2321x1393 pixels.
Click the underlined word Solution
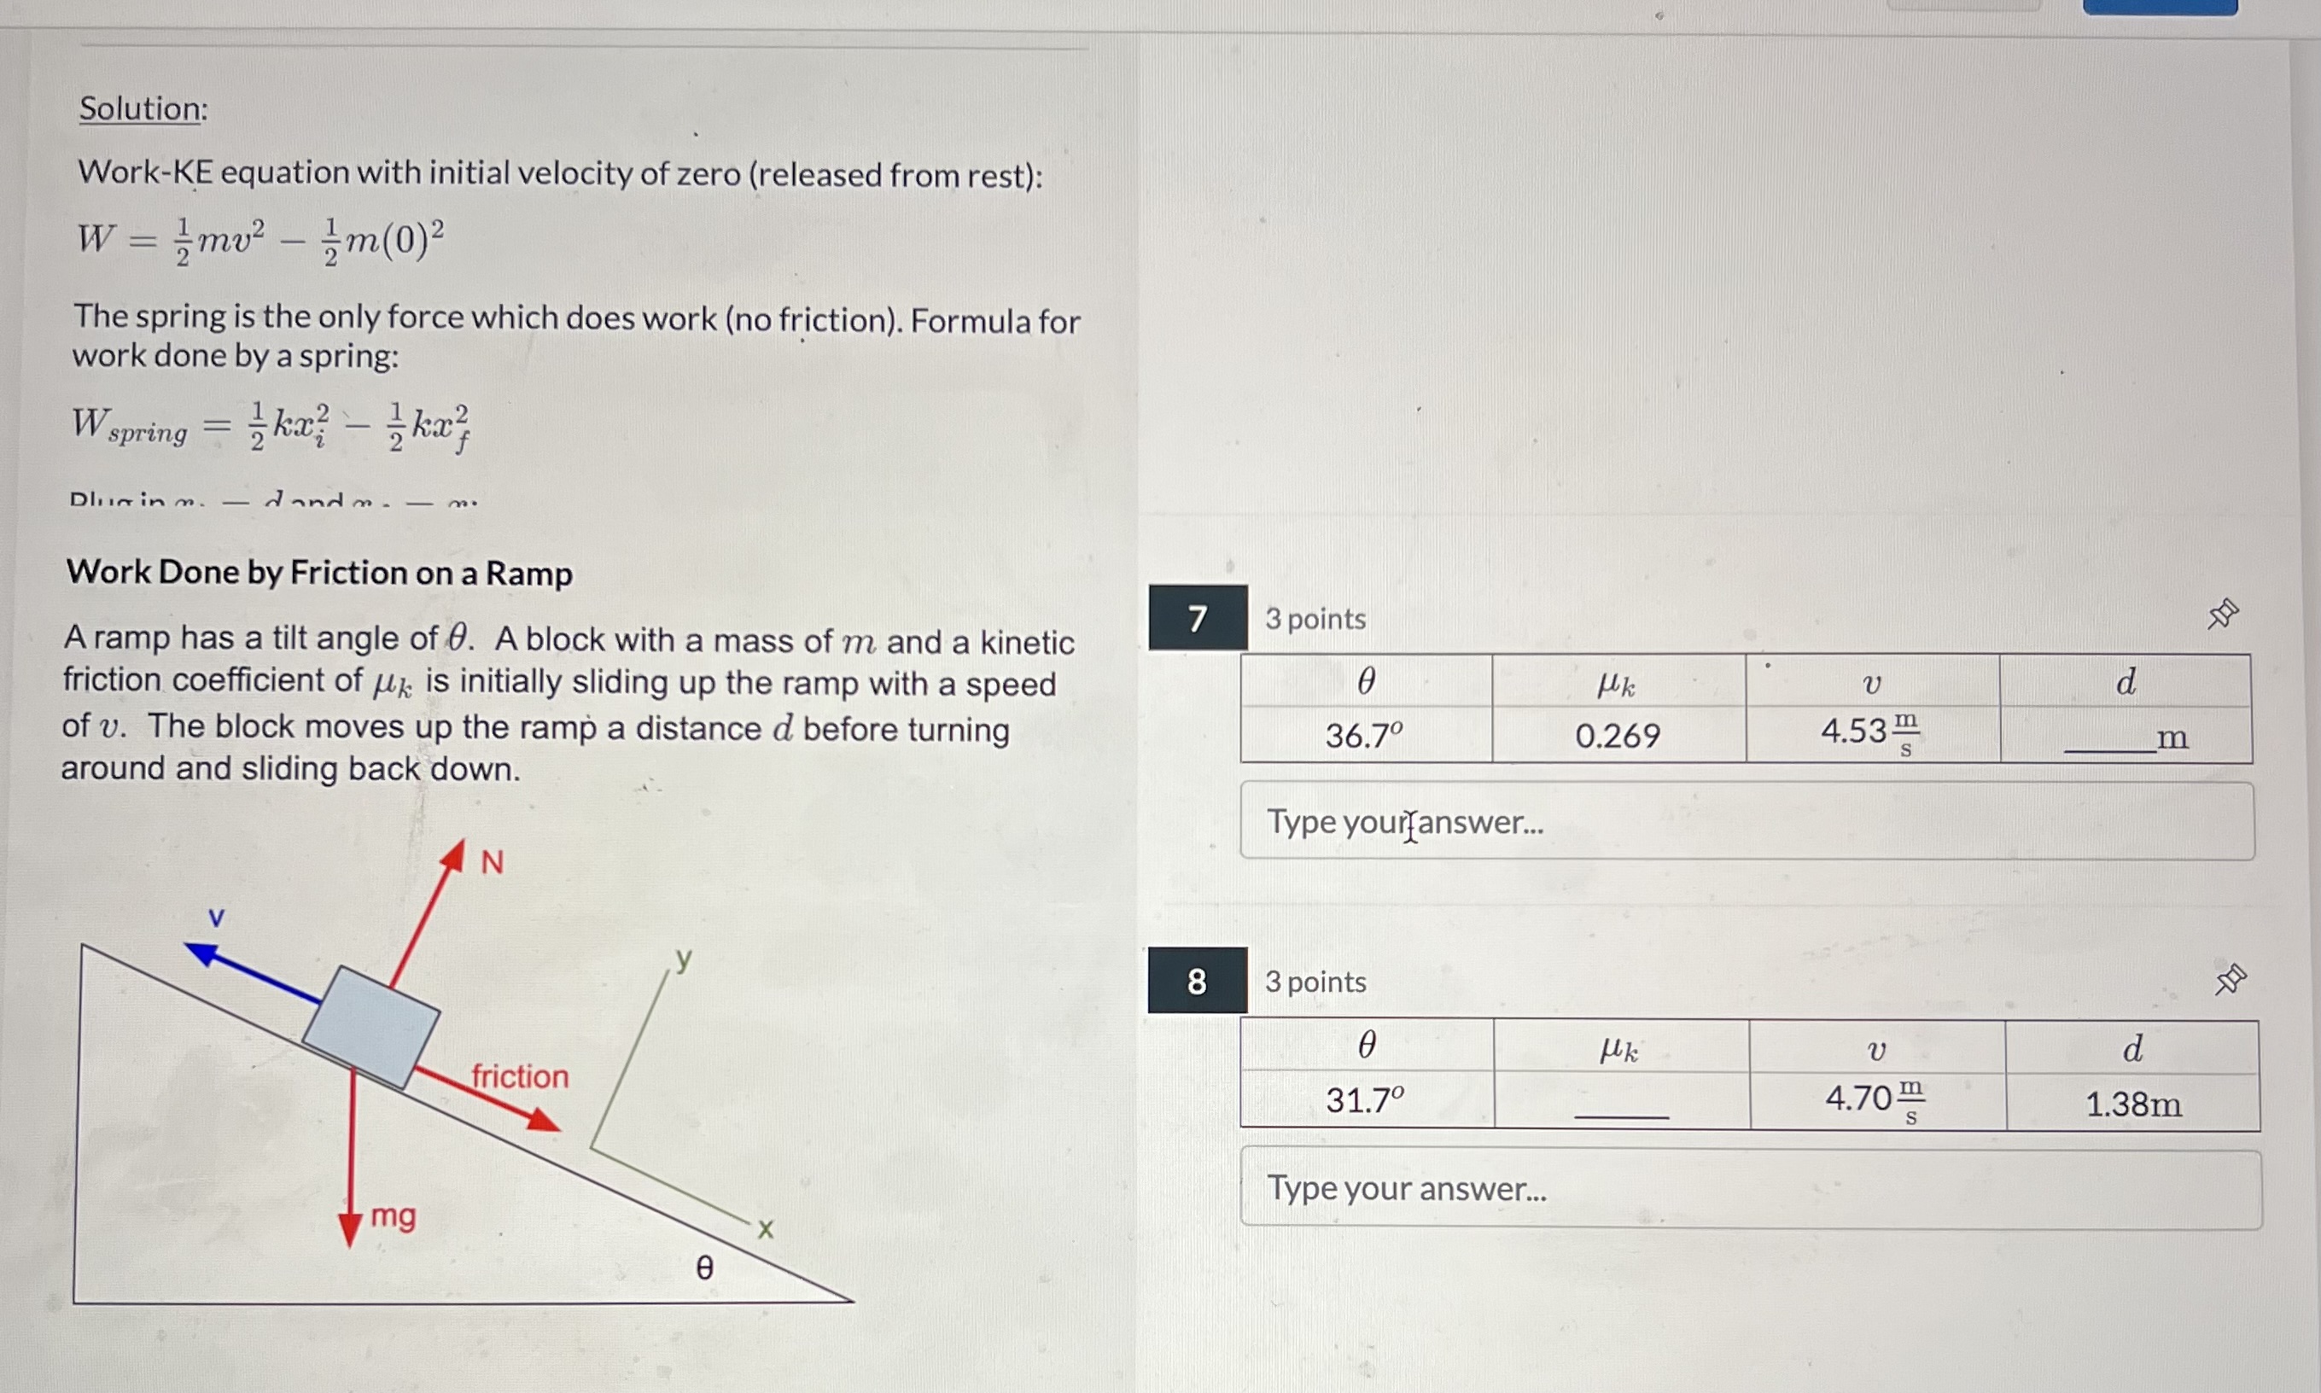click(x=143, y=109)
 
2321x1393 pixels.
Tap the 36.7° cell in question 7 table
click(x=1365, y=735)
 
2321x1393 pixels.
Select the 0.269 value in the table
click(x=1617, y=735)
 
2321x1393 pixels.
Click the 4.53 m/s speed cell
click(x=1869, y=733)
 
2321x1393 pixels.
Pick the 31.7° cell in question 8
click(x=1365, y=1099)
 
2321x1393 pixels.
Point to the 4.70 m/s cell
click(x=1875, y=1099)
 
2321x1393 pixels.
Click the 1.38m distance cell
click(x=2133, y=1104)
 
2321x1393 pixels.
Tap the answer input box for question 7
click(x=1746, y=821)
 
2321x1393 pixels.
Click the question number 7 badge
click(x=1198, y=619)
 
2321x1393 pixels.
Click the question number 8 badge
click(x=1197, y=981)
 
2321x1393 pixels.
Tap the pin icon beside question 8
click(x=2230, y=979)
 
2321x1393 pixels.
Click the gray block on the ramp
click(x=370, y=1027)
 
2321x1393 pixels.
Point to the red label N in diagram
click(x=492, y=862)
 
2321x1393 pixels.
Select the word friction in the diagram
click(x=520, y=1075)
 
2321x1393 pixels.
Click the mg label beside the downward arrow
click(x=394, y=1216)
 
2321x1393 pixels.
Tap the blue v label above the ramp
click(x=216, y=917)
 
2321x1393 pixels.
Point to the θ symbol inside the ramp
click(x=704, y=1268)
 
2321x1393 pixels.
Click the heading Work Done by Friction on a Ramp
click(x=319, y=573)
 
